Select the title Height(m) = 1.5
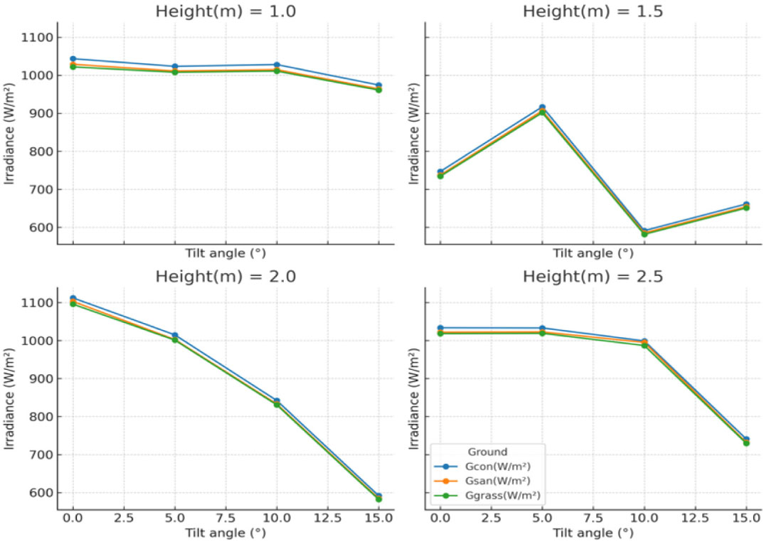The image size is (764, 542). (593, 11)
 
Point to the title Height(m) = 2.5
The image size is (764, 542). (593, 276)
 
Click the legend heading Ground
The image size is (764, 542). (487, 452)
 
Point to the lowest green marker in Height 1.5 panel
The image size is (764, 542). (644, 233)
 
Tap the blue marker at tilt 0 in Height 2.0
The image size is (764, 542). (73, 299)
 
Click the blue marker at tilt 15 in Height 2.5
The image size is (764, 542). (746, 440)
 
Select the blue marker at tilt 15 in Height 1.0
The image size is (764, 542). (378, 86)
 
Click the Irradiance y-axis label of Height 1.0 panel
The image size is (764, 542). (9, 134)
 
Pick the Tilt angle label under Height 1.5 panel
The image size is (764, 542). (593, 253)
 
